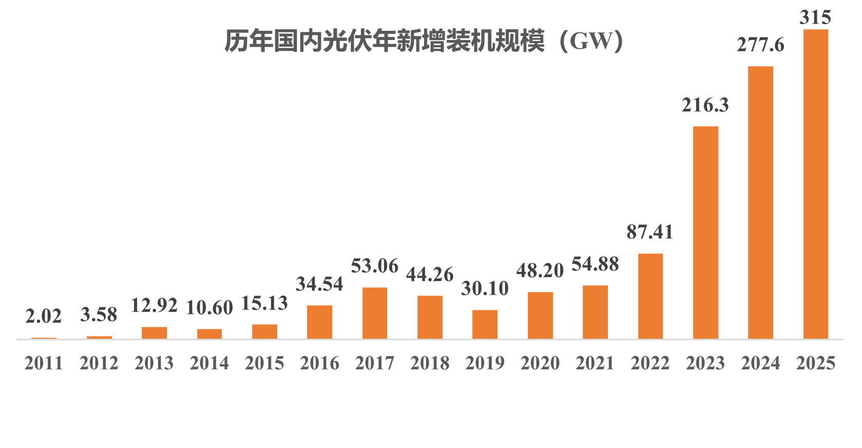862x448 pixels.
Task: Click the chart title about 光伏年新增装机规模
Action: (x=424, y=41)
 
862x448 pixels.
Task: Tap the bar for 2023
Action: (x=705, y=232)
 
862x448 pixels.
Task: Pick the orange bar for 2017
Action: (x=375, y=313)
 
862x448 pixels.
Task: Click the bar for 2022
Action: (x=650, y=296)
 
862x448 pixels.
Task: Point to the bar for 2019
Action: (x=485, y=324)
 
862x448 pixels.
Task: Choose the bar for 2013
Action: (x=154, y=333)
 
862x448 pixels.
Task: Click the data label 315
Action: (x=815, y=17)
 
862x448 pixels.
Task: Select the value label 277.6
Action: (x=760, y=45)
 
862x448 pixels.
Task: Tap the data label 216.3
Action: (x=705, y=105)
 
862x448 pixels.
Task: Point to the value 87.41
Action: (x=649, y=232)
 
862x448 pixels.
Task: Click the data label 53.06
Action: (x=374, y=266)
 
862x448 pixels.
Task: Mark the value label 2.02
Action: (x=44, y=316)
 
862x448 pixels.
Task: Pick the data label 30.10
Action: (x=485, y=288)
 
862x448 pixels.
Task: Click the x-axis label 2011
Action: (x=44, y=363)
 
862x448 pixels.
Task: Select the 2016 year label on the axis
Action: (x=319, y=363)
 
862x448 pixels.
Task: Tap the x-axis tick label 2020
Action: (x=540, y=363)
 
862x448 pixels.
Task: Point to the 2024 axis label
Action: (x=760, y=363)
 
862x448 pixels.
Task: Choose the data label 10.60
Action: (x=209, y=308)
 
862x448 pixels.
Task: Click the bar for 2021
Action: (x=595, y=311)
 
